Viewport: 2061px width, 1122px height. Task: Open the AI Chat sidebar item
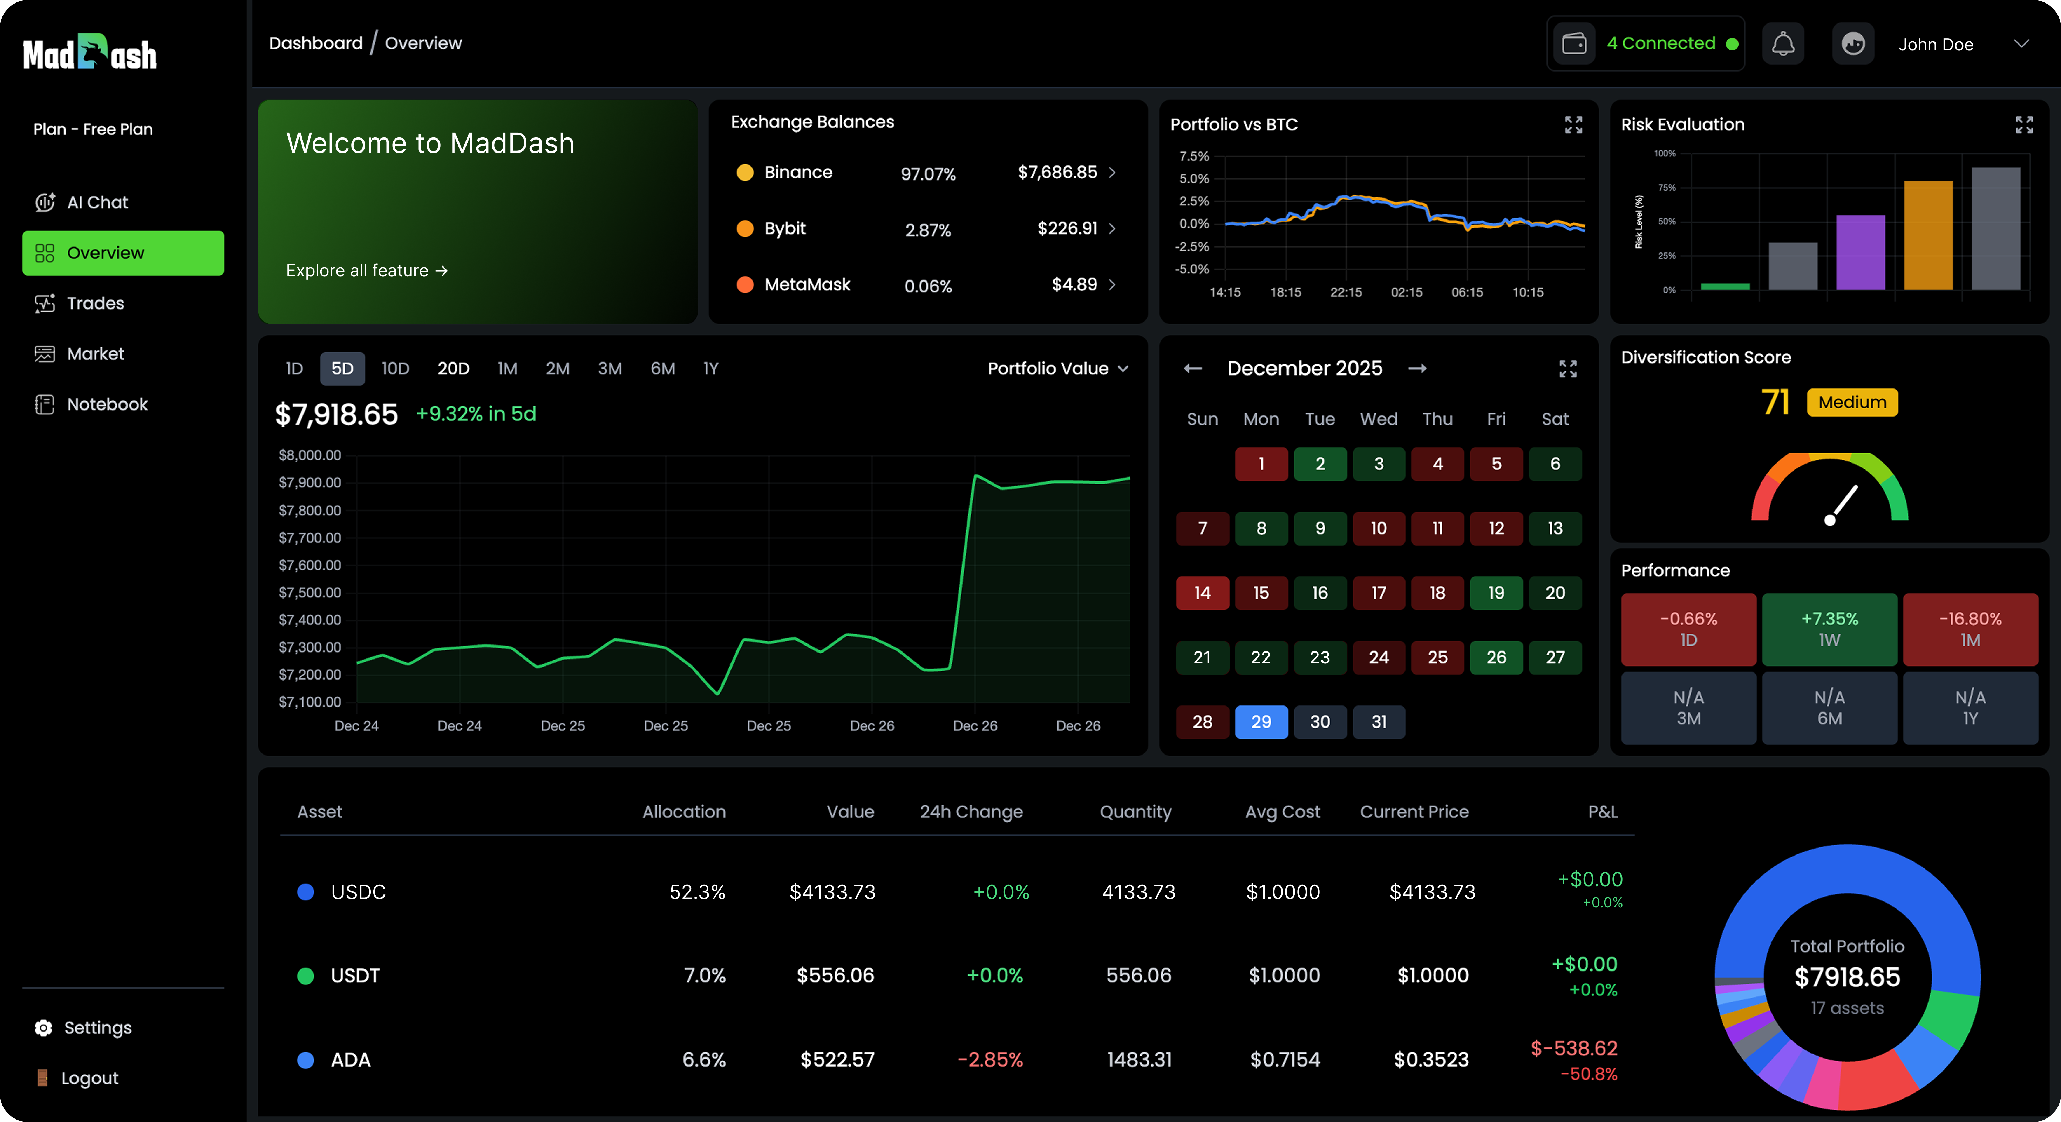pyautogui.click(x=97, y=202)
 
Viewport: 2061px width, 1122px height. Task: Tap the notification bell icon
pyautogui.click(x=1783, y=44)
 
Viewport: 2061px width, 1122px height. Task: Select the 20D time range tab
pyautogui.click(x=453, y=368)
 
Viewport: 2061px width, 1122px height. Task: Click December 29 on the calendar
pyautogui.click(x=1261, y=722)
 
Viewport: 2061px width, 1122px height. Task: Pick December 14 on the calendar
pyautogui.click(x=1202, y=593)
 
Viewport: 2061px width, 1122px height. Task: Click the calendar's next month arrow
pyautogui.click(x=1417, y=368)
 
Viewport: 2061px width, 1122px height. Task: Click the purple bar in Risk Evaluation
pyautogui.click(x=1860, y=252)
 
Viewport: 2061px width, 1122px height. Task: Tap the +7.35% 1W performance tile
pyautogui.click(x=1829, y=629)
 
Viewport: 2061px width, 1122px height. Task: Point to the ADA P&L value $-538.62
pyautogui.click(x=1574, y=1048)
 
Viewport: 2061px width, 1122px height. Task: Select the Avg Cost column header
pyautogui.click(x=1283, y=811)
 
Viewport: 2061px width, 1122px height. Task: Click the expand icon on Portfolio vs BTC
pyautogui.click(x=1573, y=125)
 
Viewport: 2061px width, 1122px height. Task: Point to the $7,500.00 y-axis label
pyautogui.click(x=310, y=592)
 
